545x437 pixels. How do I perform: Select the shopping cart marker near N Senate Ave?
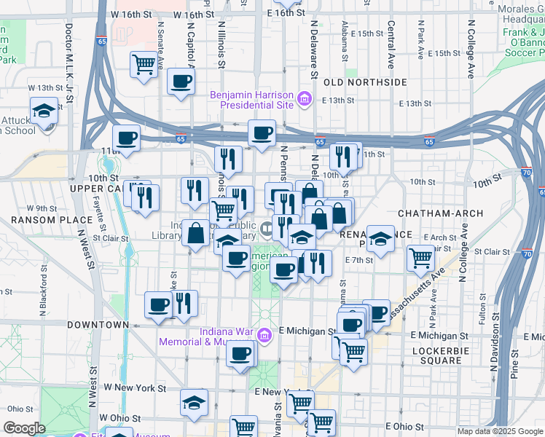[x=144, y=64]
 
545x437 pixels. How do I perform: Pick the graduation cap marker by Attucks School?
[x=44, y=111]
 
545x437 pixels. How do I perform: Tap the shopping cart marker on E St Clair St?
[x=420, y=257]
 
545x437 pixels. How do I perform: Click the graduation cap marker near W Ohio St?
[x=195, y=402]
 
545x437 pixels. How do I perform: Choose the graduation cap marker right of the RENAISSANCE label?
[x=380, y=238]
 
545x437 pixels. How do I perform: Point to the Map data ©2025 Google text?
[x=500, y=431]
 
